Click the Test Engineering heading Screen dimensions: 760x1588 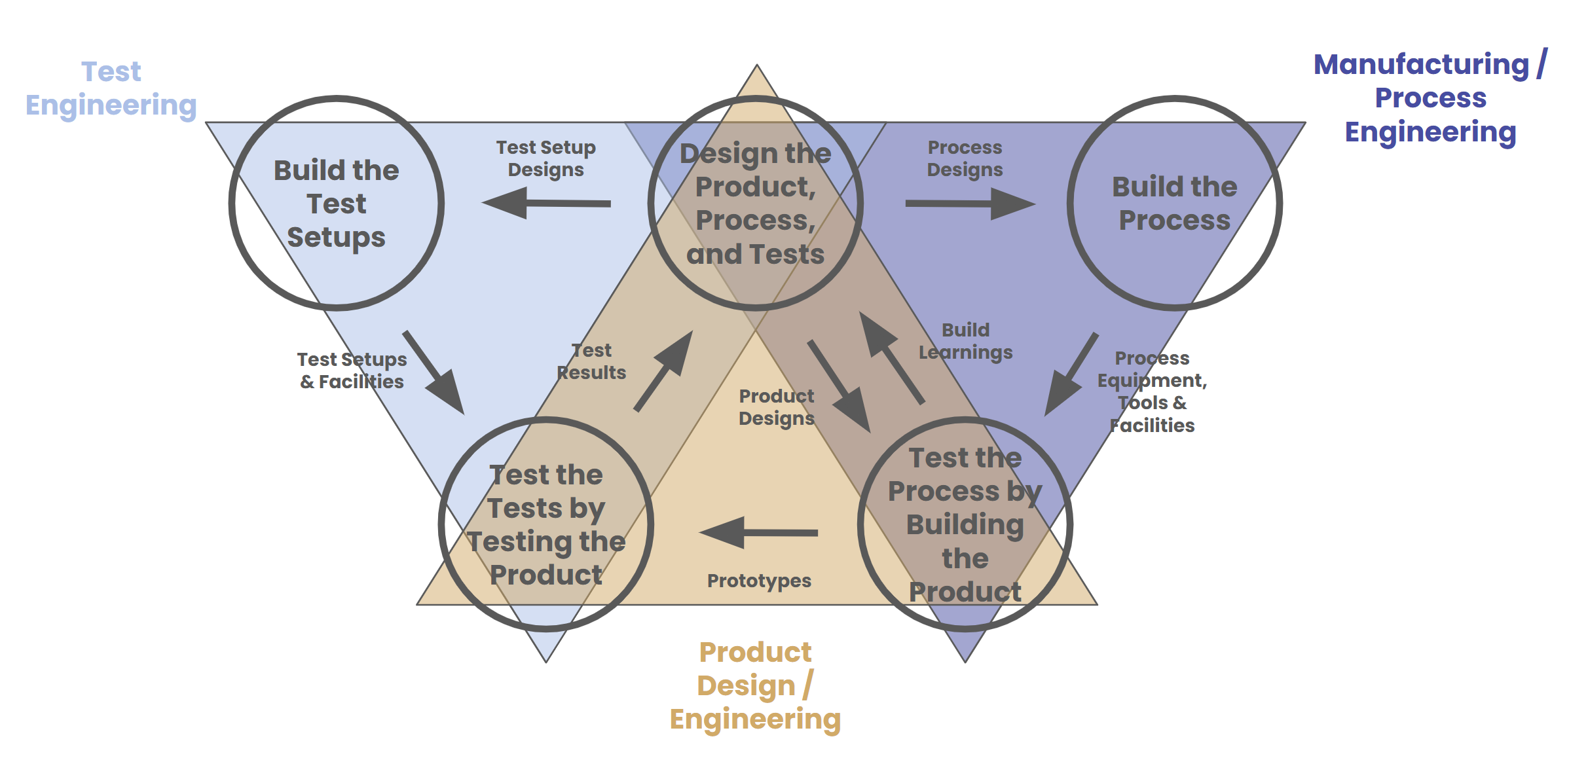pyautogui.click(x=111, y=88)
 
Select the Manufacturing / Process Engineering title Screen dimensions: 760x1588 pyautogui.click(x=1430, y=98)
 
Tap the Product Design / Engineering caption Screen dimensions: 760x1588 pyautogui.click(x=755, y=685)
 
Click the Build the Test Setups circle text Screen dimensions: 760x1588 pyautogui.click(x=336, y=204)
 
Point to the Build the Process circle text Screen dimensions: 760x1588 pyautogui.click(x=1174, y=204)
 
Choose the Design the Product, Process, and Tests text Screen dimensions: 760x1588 pyautogui.click(x=755, y=204)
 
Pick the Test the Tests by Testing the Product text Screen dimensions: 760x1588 pyautogui.click(x=545, y=524)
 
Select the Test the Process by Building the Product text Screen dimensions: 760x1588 pyautogui.click(x=965, y=524)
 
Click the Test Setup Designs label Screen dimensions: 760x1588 pyautogui.click(x=545, y=158)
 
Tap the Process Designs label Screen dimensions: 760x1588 pyautogui.click(x=965, y=158)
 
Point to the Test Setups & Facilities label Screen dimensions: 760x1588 pyautogui.click(x=352, y=371)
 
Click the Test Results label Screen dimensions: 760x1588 pyautogui.click(x=591, y=361)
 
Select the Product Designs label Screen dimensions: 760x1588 pyautogui.click(x=777, y=407)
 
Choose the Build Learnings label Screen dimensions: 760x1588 pyautogui.click(x=965, y=341)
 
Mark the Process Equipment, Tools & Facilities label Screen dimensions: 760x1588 pyautogui.click(x=1152, y=391)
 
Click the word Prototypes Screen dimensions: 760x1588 pyautogui.click(x=759, y=581)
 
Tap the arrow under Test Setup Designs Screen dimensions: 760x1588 pyautogui.click(x=546, y=203)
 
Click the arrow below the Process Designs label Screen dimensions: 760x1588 pyautogui.click(x=970, y=204)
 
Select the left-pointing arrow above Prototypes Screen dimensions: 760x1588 pyautogui.click(x=758, y=532)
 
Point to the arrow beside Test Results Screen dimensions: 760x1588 pyautogui.click(x=663, y=371)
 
